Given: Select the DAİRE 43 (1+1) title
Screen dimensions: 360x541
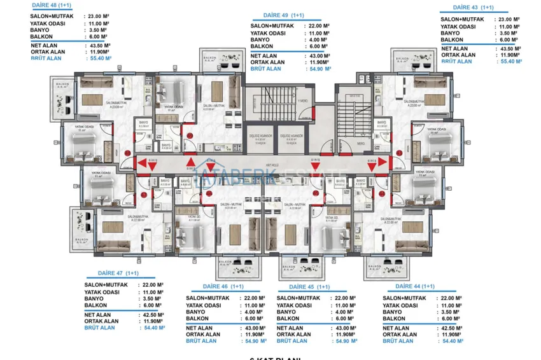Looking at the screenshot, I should coord(473,8).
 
